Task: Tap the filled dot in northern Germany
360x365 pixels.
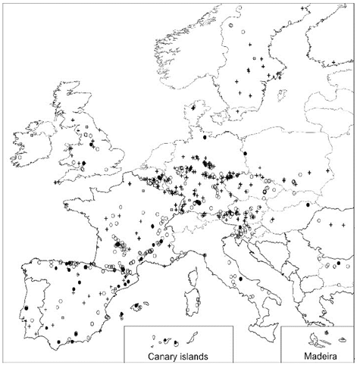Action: (x=205, y=138)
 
